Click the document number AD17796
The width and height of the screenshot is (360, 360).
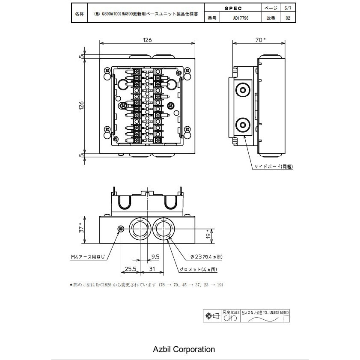241,18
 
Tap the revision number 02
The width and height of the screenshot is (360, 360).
287,18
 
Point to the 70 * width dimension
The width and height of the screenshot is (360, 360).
260,40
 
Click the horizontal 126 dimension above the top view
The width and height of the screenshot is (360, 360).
147,40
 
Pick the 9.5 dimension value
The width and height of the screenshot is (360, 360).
155,257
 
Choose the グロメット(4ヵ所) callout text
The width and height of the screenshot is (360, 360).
198,269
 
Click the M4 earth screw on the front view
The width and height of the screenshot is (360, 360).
121,229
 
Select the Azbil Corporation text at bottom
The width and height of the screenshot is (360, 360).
184,349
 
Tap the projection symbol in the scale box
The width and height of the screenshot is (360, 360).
212,316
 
